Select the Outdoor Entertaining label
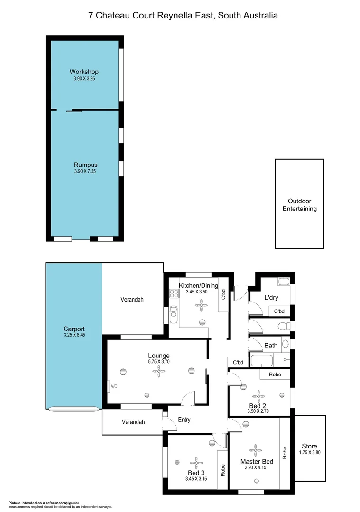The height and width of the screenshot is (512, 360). click(299, 205)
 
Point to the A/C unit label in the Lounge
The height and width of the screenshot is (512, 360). click(113, 387)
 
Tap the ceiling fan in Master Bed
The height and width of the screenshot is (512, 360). click(256, 449)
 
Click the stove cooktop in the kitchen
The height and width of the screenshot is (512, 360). click(173, 293)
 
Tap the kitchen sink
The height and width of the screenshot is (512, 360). click(174, 311)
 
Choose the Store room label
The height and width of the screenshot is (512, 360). click(310, 446)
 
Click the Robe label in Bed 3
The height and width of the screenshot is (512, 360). click(222, 469)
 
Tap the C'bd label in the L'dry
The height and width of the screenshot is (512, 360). click(279, 311)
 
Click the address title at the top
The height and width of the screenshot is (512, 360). click(183, 15)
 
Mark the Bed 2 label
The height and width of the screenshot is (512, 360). click(258, 406)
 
